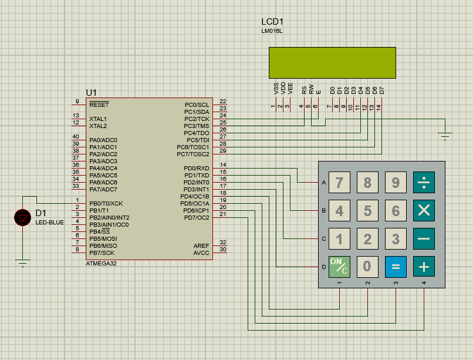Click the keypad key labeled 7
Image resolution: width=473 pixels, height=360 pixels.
click(x=339, y=183)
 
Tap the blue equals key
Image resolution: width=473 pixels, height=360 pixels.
click(x=396, y=267)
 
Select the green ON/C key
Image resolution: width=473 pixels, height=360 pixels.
click(x=339, y=267)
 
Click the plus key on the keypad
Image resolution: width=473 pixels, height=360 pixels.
click(x=424, y=267)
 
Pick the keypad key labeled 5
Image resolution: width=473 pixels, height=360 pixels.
click(x=367, y=211)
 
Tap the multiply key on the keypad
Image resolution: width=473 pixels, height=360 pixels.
click(x=424, y=211)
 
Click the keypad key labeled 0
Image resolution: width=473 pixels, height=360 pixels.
click(x=367, y=267)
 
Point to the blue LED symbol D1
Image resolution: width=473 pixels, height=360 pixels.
click(x=23, y=218)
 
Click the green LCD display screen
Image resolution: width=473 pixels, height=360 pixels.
click(x=332, y=62)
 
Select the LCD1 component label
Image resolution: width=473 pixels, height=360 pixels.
click(x=272, y=22)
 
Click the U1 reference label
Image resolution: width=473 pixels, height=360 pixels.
click(x=91, y=93)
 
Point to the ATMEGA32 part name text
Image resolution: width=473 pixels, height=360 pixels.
click(x=101, y=264)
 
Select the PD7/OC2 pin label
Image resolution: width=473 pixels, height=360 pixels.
click(x=196, y=218)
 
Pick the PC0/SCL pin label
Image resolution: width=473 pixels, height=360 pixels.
click(x=197, y=105)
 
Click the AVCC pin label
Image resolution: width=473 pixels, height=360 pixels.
click(x=201, y=253)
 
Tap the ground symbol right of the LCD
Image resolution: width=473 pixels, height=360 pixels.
click(x=445, y=137)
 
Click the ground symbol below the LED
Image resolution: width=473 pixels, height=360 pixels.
click(x=23, y=263)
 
